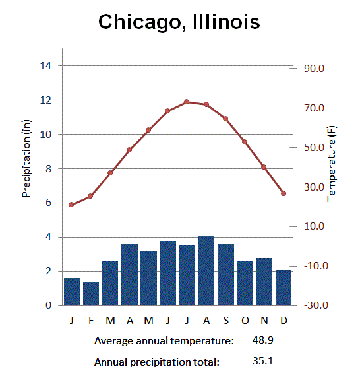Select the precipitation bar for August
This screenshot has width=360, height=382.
206,271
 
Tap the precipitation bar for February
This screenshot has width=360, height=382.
91,294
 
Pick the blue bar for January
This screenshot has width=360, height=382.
72,292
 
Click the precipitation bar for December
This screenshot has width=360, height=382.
284,288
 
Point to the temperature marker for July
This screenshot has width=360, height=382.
187,102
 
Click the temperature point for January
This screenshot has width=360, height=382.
71,205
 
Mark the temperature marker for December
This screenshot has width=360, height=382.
284,193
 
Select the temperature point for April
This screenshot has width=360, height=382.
129,150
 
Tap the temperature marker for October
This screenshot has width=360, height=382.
245,142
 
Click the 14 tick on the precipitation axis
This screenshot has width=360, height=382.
46,65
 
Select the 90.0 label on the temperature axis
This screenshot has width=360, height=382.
315,69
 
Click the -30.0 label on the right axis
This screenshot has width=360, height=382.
313,305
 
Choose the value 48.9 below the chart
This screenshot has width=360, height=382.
263,340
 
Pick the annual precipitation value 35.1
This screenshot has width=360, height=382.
263,361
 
